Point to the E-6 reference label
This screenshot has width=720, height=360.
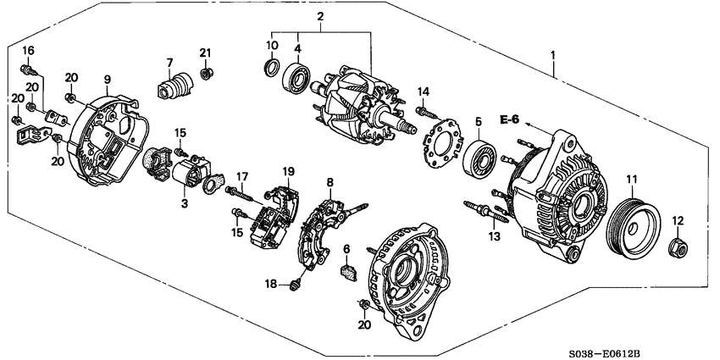click(509, 120)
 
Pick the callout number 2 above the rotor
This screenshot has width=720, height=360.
click(320, 16)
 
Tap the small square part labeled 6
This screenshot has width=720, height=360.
click(347, 272)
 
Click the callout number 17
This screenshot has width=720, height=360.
click(241, 176)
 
